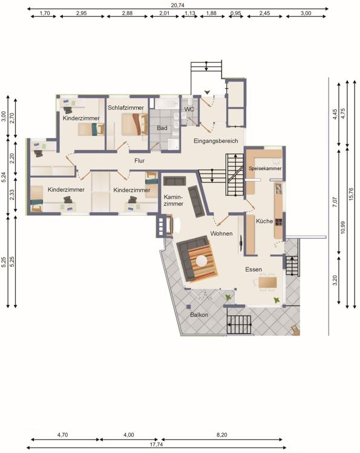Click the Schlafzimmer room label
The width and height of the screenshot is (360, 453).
pyautogui.click(x=126, y=108)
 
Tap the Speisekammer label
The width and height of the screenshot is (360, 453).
pyautogui.click(x=265, y=168)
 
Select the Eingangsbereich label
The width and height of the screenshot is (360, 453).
pyautogui.click(x=216, y=141)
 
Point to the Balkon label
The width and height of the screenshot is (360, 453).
pyautogui.click(x=199, y=314)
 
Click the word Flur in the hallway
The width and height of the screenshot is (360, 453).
pyautogui.click(x=139, y=161)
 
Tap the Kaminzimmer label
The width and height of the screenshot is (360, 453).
pyautogui.click(x=174, y=200)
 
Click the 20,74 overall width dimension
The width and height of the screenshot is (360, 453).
pyautogui.click(x=177, y=5)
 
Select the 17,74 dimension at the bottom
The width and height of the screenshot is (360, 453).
pyautogui.click(x=156, y=445)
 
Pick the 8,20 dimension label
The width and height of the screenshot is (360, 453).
pyautogui.click(x=221, y=434)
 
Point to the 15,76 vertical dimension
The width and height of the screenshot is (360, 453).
pyautogui.click(x=351, y=194)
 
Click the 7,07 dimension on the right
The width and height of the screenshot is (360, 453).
pyautogui.click(x=335, y=202)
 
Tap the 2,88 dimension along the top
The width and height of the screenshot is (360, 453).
pyautogui.click(x=127, y=13)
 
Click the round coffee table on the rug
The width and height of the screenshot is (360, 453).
pyautogui.click(x=201, y=261)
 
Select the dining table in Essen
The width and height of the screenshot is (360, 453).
pyautogui.click(x=267, y=282)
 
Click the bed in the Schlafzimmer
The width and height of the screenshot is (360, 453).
pyautogui.click(x=134, y=124)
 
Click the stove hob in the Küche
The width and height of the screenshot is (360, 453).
pyautogui.click(x=278, y=222)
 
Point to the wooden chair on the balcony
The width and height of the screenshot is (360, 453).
pyautogui.click(x=295, y=330)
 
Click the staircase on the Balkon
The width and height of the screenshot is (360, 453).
pyautogui.click(x=239, y=325)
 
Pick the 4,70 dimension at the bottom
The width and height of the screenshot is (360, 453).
pyautogui.click(x=62, y=434)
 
